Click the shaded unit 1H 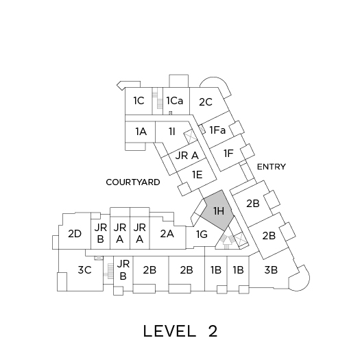[217, 211]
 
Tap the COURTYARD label [133, 182]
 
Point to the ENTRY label [272, 167]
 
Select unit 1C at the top [139, 101]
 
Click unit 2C [206, 102]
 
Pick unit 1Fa [217, 130]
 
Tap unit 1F [228, 154]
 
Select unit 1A [141, 132]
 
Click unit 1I [171, 132]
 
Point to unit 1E [197, 175]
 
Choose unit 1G [202, 235]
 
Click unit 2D [75, 234]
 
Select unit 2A [167, 234]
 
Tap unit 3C [84, 270]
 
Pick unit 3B [271, 270]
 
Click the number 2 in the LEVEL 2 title [213, 331]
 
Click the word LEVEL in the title [169, 331]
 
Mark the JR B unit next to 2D [100, 233]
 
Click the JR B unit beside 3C [123, 270]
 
